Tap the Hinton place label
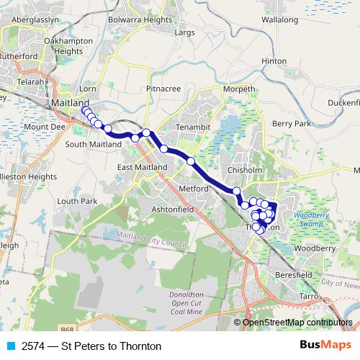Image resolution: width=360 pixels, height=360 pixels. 274,62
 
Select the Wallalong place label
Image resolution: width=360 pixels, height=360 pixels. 280,21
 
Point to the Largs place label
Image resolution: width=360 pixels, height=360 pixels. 184,32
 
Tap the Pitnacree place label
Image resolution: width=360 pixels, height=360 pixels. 162,88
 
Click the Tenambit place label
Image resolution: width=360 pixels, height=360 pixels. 193,127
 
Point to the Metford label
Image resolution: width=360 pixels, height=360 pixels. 194,189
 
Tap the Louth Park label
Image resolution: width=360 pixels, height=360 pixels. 71,201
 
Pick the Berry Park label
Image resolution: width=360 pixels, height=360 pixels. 292,124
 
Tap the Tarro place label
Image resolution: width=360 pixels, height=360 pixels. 309,296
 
